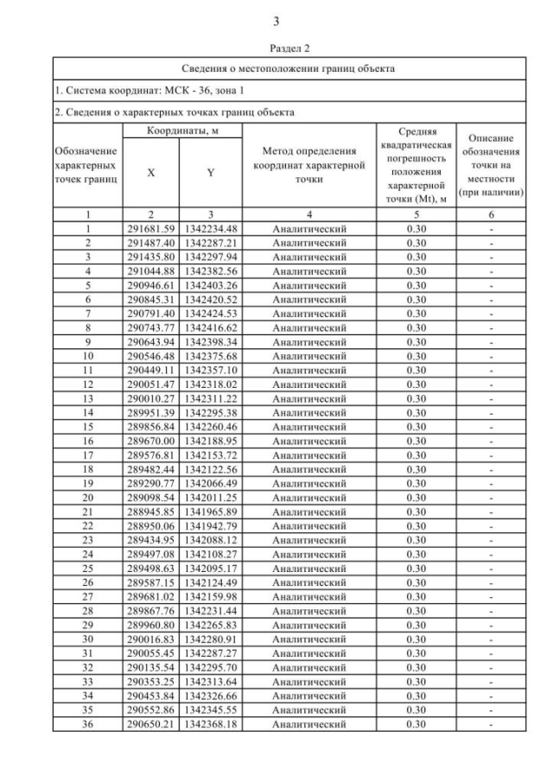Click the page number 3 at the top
coord(276,21)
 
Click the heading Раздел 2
coord(276,48)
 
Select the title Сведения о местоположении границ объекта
coord(289,68)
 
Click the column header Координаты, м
coord(181,130)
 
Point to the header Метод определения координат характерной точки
coord(308,165)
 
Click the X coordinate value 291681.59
coord(151,229)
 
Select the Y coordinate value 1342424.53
coord(211,314)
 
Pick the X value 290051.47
coord(151,385)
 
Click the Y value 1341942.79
coord(211,526)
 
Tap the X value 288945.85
coord(151,512)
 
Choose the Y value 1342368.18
coord(211,724)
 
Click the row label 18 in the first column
coord(87,469)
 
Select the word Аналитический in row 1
coord(308,229)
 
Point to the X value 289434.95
coord(151,540)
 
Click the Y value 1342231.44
coord(211,611)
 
